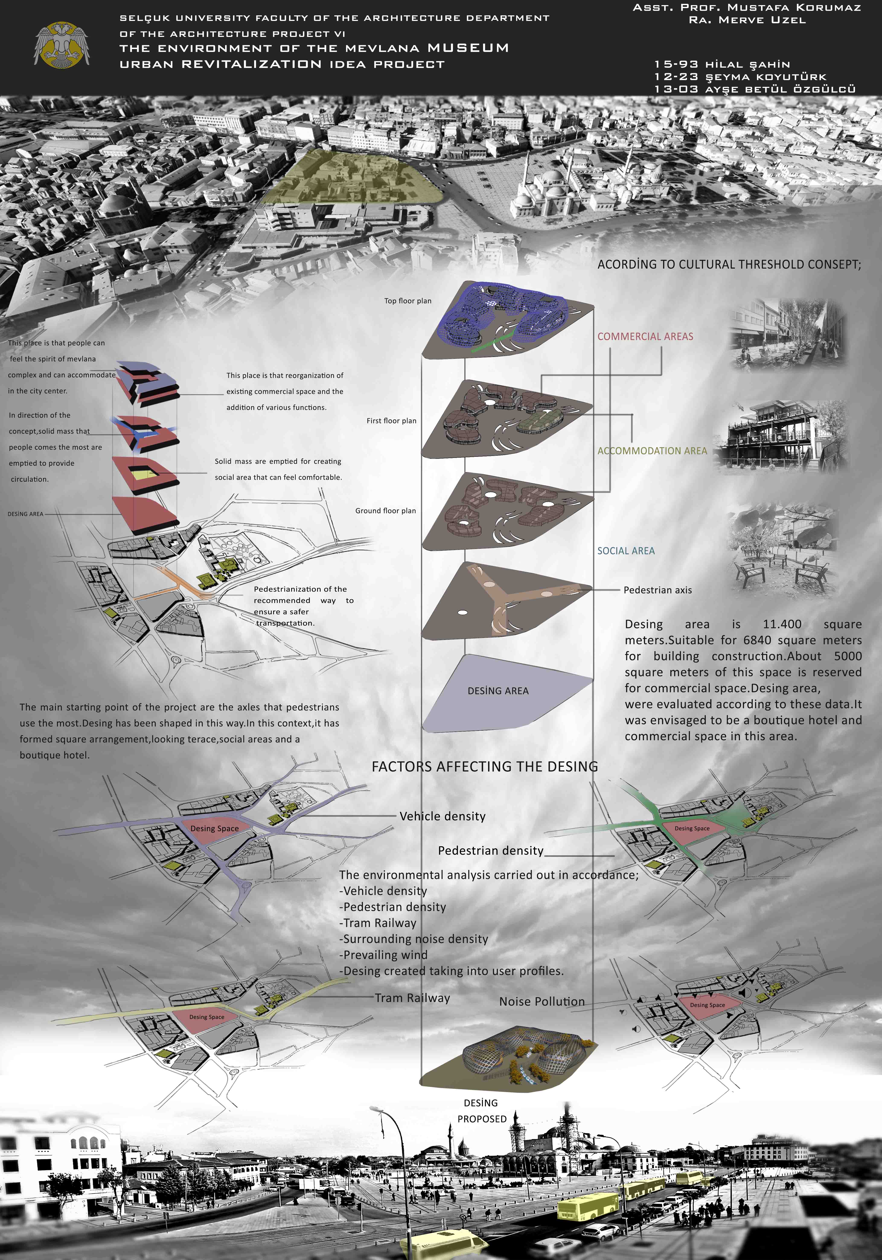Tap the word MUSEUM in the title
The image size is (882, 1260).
468,48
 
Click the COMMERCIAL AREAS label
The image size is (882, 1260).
645,336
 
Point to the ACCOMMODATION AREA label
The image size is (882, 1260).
652,451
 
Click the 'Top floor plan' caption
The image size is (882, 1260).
408,301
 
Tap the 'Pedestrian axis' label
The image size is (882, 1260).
658,590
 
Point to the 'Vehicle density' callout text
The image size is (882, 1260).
442,816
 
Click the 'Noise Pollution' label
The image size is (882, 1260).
542,1001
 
